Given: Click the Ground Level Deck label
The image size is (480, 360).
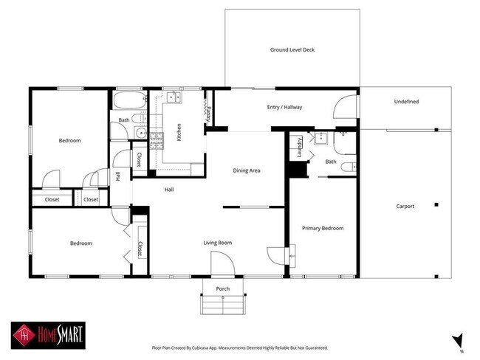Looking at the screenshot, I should coord(292,49).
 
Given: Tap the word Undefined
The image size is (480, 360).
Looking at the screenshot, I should coord(406,101).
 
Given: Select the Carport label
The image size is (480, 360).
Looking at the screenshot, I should coord(405,207).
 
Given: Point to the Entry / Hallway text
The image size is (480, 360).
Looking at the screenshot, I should coord(284,108).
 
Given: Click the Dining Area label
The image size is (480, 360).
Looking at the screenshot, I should coord(247,170).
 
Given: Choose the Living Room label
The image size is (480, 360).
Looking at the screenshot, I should coord(218,243).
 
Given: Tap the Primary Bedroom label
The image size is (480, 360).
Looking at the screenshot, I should coord(323,228).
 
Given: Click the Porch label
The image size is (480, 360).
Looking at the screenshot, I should coord(222,288).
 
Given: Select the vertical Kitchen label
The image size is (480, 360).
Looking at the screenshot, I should coord(179,133).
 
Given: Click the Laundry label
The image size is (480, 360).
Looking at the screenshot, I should coord(299,147).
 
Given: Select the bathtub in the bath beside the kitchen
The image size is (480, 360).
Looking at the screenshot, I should coord(129,100).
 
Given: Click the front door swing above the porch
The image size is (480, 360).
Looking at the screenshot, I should coord(222,263).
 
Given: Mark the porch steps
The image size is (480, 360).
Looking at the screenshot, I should coord(222,304).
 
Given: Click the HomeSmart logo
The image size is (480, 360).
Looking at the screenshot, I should coord(48,336).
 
